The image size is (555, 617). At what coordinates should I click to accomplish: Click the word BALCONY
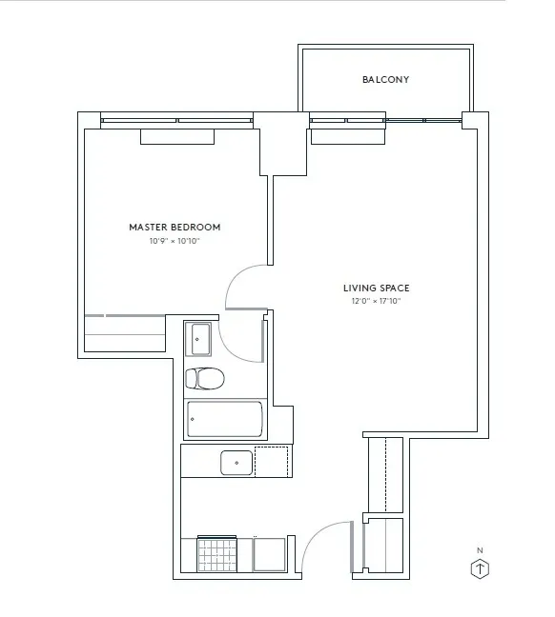point(385,80)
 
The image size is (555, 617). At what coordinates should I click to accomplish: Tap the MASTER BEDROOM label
point(175,228)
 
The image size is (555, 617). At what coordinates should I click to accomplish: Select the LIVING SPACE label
point(376,289)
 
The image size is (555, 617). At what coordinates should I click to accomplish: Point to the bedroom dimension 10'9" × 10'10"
point(175,242)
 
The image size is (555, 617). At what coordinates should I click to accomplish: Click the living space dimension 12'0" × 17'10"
point(376,302)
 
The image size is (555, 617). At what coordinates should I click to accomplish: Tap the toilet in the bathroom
point(204,378)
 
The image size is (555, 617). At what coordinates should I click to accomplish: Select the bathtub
point(225,418)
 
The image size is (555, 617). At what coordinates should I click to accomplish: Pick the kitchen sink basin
point(236,463)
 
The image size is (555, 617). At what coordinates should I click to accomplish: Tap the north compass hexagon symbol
point(482,569)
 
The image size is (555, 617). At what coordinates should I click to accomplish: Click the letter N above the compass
point(482,550)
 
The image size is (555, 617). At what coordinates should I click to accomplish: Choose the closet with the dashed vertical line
point(384,474)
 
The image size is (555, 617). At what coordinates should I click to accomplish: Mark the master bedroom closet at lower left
point(124,333)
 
